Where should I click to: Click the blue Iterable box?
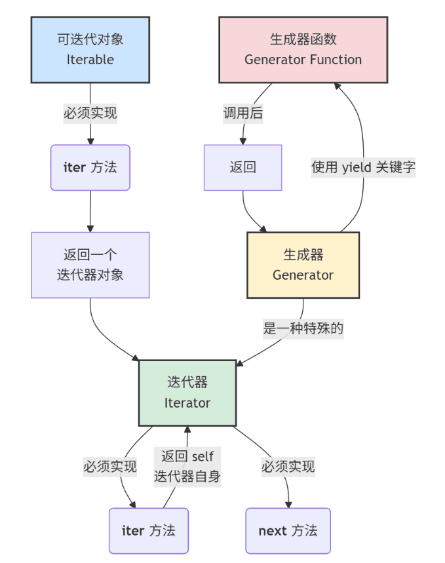pyautogui.click(x=90, y=50)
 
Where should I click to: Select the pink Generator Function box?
pyautogui.click(x=303, y=50)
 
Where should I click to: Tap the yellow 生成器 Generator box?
pyautogui.click(x=303, y=265)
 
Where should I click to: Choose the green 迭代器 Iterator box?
pyautogui.click(x=187, y=393)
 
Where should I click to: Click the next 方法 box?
pyautogui.click(x=288, y=531)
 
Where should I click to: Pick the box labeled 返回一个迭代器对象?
pyautogui.click(x=90, y=265)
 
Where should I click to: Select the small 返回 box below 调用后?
pyautogui.click(x=242, y=167)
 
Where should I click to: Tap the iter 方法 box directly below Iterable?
pyautogui.click(x=90, y=167)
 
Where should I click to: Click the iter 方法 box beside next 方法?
pyautogui.click(x=149, y=531)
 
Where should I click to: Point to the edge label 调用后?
pyautogui.click(x=243, y=113)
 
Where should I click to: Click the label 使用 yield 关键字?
pyautogui.click(x=363, y=167)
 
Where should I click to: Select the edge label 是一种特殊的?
pyautogui.click(x=303, y=328)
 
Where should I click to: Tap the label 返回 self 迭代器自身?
pyautogui.click(x=187, y=467)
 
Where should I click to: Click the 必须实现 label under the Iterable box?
pyautogui.click(x=90, y=113)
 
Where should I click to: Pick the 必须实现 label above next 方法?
pyautogui.click(x=288, y=467)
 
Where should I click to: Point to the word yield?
pyautogui.click(x=356, y=167)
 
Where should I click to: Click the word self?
pyautogui.click(x=203, y=456)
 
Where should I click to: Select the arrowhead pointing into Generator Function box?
pyautogui.click(x=337, y=87)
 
